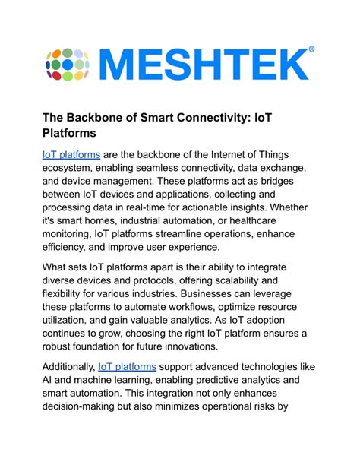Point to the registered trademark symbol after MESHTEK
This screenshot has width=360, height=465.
point(311,49)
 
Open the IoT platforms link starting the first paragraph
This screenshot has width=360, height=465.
point(71,154)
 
